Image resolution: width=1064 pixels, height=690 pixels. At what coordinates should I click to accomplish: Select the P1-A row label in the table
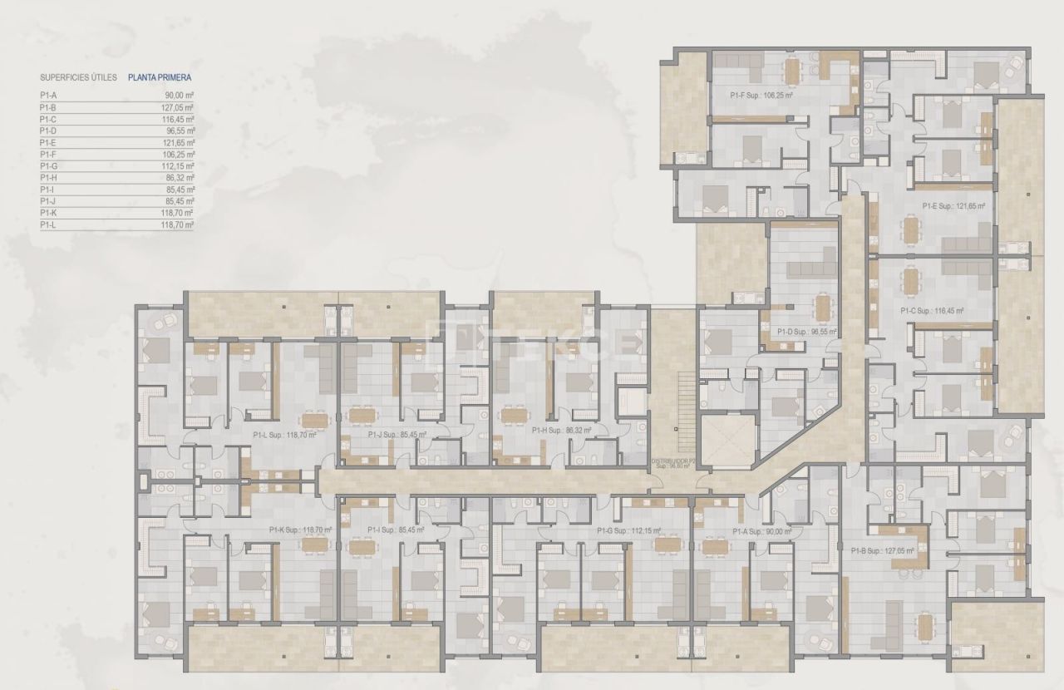coord(47,96)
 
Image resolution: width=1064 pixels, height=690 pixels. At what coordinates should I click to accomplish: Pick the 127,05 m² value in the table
coord(180,107)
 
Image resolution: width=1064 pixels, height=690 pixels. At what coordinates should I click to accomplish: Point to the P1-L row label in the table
coord(47,224)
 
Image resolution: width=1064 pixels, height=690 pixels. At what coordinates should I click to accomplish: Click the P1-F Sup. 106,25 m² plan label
coord(760,96)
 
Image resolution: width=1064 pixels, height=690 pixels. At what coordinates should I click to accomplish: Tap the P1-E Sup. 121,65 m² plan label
coord(953,206)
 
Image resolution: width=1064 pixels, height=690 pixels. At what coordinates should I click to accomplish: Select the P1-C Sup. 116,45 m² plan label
coord(932,311)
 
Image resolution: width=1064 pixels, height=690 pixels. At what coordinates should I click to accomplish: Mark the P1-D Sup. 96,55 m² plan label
coord(806,331)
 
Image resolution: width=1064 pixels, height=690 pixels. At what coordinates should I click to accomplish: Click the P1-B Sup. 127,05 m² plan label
coord(883,550)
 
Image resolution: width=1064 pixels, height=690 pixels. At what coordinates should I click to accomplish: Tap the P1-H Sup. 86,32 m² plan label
coord(561,431)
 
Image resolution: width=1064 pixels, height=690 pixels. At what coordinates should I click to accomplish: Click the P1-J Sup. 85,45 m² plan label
coord(397,434)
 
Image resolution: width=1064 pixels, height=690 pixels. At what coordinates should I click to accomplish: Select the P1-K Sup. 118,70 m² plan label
coord(300,530)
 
